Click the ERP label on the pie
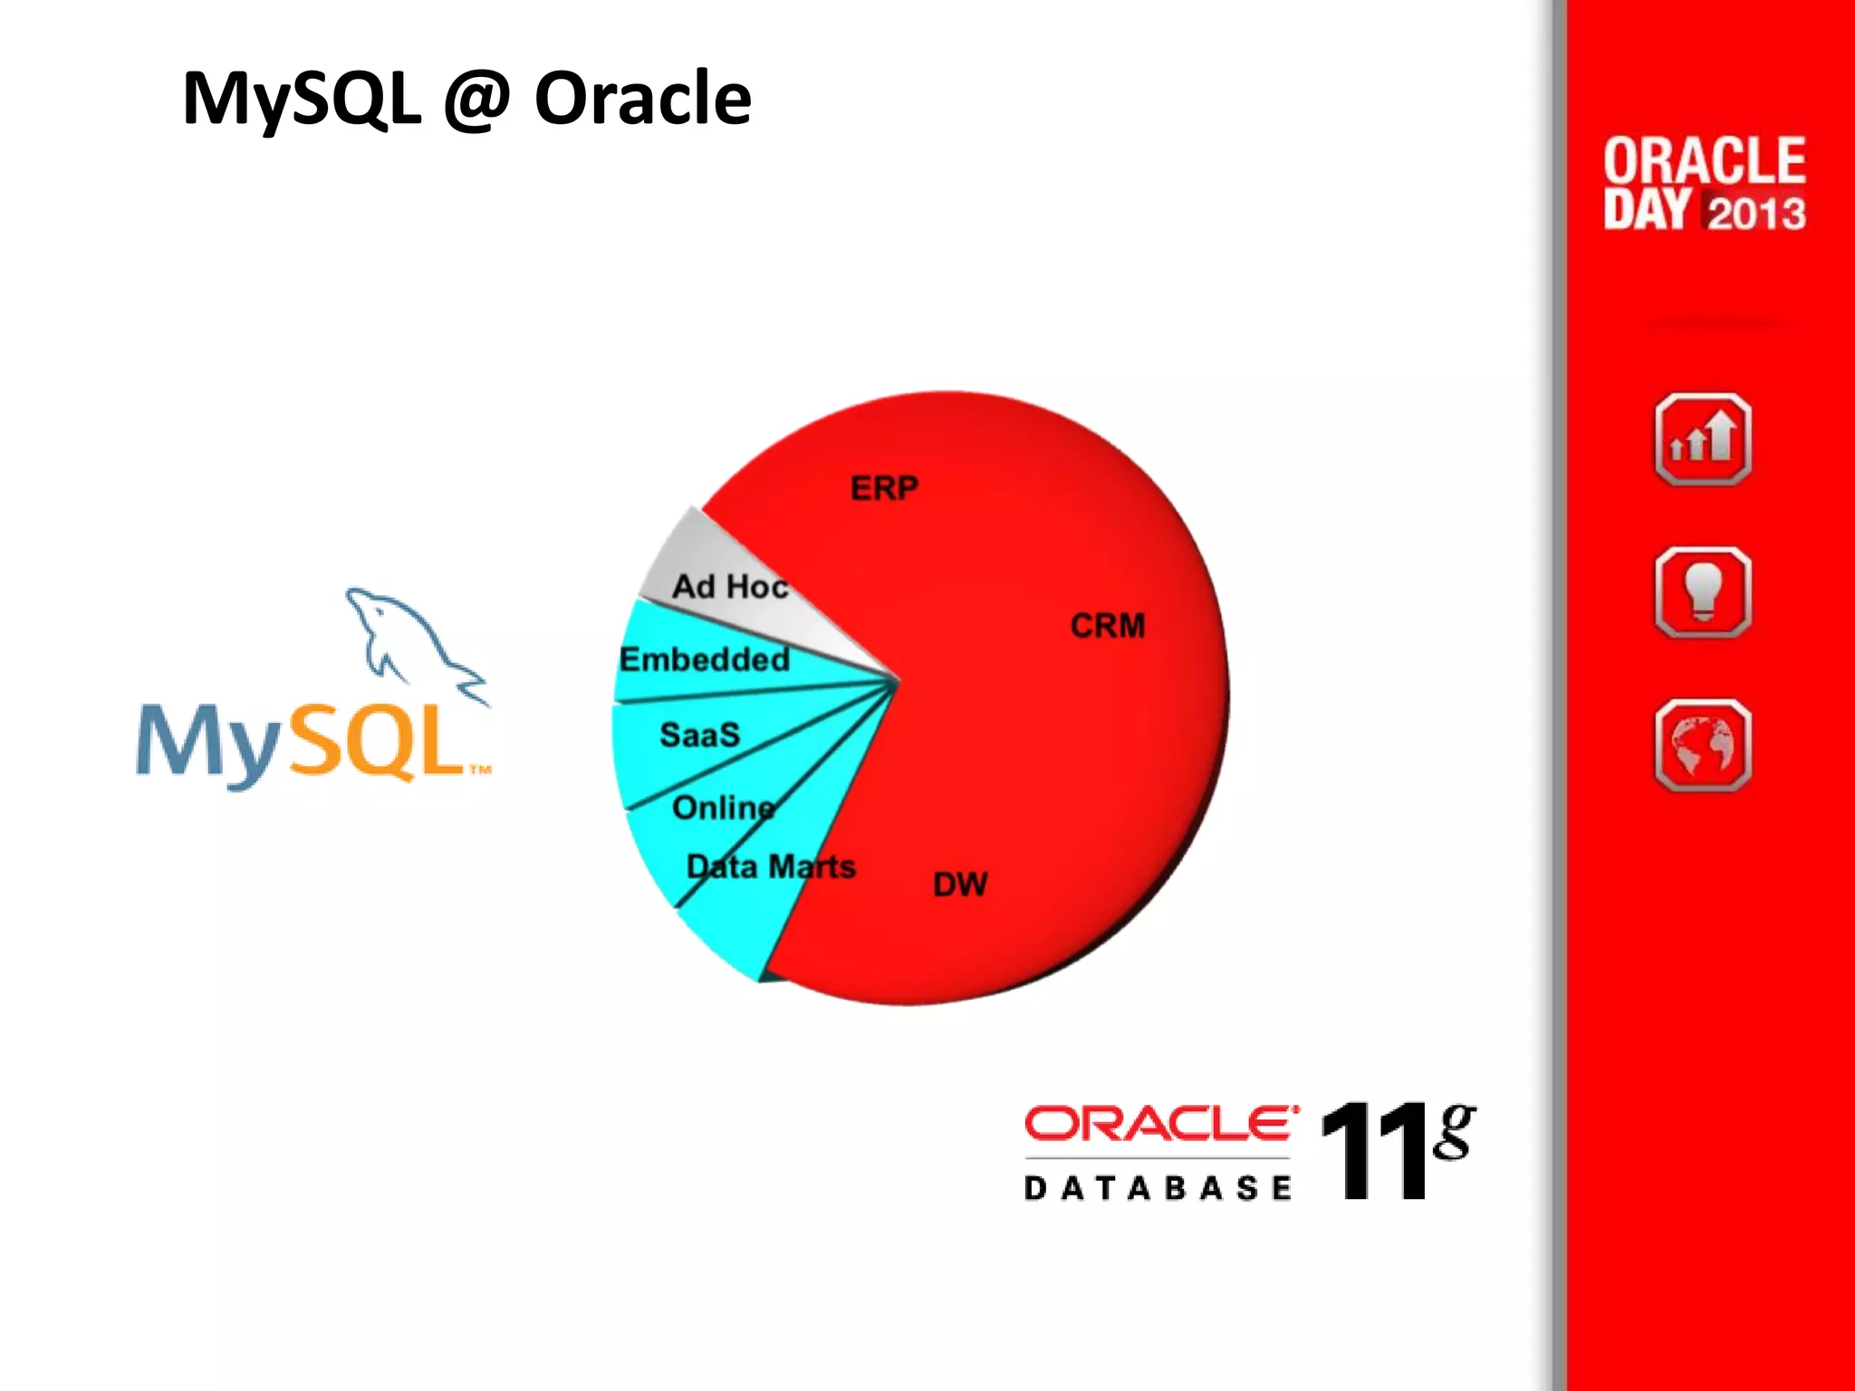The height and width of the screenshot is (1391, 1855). click(884, 489)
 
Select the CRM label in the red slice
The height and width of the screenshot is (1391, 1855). click(1107, 626)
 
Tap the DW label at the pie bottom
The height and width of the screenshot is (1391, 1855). click(960, 885)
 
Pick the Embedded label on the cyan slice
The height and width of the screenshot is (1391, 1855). click(704, 659)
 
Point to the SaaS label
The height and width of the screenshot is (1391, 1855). click(699, 734)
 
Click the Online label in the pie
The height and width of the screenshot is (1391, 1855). click(723, 807)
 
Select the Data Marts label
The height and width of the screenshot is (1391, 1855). click(771, 867)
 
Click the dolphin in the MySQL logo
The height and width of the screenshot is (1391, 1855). click(408, 638)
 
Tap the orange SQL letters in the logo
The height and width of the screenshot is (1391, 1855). click(376, 743)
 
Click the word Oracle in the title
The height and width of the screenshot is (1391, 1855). click(642, 98)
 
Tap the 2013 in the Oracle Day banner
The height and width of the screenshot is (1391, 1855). click(1756, 213)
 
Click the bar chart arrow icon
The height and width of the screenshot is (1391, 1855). click(1702, 440)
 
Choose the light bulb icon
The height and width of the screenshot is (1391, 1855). click(1702, 593)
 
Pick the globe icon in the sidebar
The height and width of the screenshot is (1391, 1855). click(1702, 745)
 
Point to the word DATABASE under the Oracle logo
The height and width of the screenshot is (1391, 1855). click(1157, 1188)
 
